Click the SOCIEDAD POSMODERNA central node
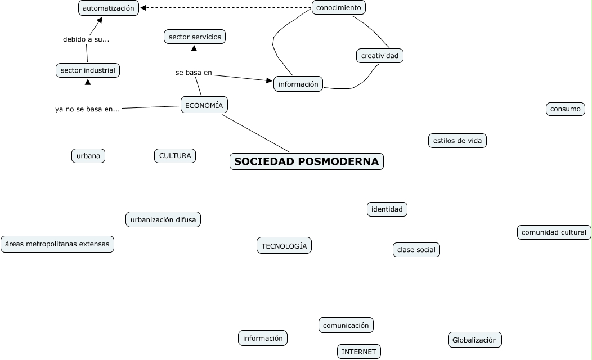307,161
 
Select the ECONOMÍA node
204,105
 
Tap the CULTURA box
175,156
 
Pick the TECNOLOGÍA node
284,245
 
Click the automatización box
109,8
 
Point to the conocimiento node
338,7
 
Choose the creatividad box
380,56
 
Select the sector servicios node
195,37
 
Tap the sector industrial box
88,70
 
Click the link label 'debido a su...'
86,39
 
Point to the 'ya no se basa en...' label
87,109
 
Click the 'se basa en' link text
194,73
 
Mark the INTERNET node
359,352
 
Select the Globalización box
474,340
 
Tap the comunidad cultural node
554,232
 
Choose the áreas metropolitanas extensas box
57,244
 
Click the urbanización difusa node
163,219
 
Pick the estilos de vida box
457,141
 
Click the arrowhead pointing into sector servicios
194,48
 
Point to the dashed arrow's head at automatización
143,8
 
